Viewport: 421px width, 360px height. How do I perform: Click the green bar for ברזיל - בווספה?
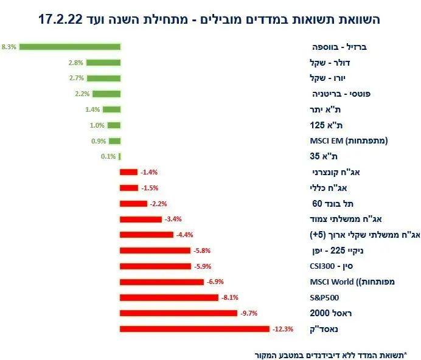pos(69,46)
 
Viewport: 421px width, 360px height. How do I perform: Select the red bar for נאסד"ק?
pos(195,329)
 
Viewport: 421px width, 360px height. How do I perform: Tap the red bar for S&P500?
pos(169,297)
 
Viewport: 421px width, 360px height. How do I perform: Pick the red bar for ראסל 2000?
pos(178,313)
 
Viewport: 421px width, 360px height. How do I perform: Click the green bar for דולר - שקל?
pos(103,62)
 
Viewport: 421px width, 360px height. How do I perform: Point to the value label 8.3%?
pos(9,46)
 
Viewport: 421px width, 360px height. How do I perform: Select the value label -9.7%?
pos(249,313)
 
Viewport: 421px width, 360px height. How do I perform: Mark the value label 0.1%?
pos(109,156)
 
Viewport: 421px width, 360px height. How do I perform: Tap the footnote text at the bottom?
pos(331,354)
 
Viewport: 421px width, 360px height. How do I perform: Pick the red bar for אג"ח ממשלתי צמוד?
pos(141,219)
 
